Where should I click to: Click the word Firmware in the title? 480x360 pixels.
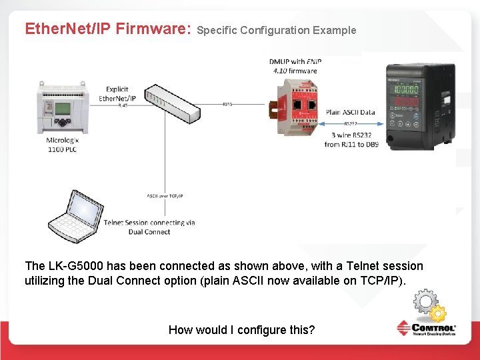[153, 29]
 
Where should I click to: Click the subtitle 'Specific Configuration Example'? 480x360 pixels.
[277, 30]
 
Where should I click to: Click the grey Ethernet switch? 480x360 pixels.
[173, 103]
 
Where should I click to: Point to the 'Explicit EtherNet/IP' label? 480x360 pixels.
[117, 94]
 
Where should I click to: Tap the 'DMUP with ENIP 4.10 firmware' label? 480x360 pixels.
[293, 66]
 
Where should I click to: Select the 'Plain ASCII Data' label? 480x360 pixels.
[350, 113]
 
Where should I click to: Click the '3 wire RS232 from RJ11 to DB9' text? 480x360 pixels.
[351, 140]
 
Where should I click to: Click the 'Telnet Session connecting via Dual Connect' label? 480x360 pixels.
[149, 227]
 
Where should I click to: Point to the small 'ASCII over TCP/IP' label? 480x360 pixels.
[165, 196]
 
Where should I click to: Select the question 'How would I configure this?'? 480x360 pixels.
[241, 329]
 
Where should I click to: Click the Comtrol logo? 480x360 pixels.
[427, 328]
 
